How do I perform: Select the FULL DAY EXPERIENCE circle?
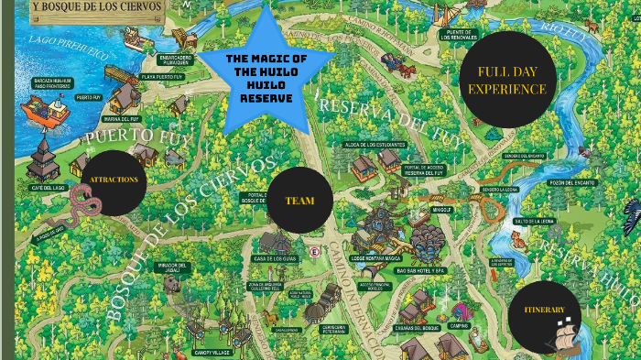click(506, 81)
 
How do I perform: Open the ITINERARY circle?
click(544, 311)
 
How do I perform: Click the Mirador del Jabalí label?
click(171, 267)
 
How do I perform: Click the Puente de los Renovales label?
click(459, 34)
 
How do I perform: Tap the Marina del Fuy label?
click(121, 118)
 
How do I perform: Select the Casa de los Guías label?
click(272, 259)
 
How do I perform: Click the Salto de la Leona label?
click(534, 221)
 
